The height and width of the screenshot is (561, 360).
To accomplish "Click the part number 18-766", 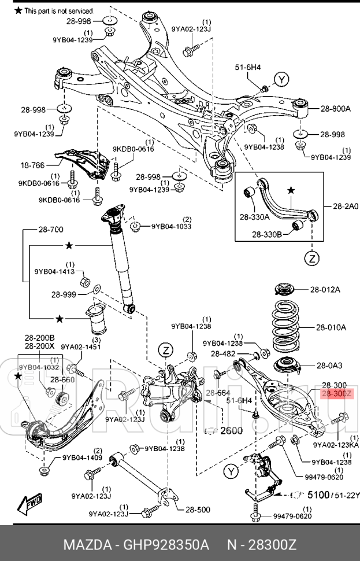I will click(x=32, y=165).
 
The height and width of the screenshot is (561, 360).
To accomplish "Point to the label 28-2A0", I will click(x=345, y=205).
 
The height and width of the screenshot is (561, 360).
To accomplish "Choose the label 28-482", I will click(x=223, y=353).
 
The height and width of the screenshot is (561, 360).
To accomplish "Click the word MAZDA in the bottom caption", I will click(x=84, y=545).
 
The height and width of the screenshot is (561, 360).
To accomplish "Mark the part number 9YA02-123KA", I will click(x=336, y=445).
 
